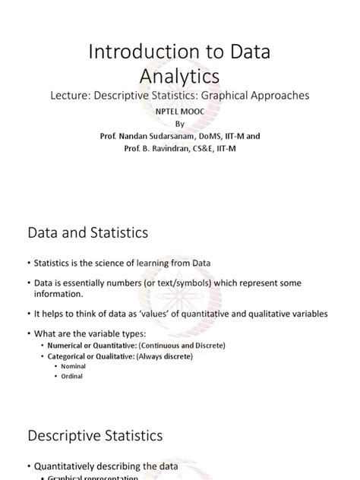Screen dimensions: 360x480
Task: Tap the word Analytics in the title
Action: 180,76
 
